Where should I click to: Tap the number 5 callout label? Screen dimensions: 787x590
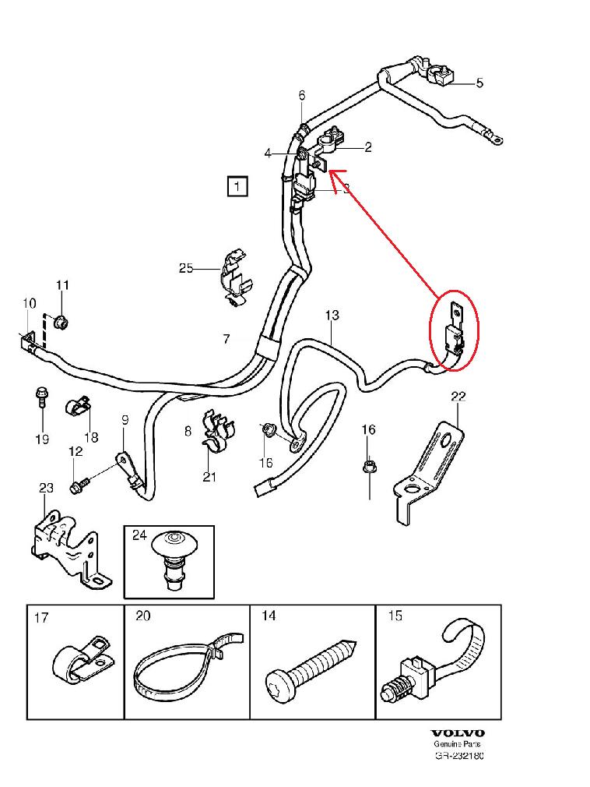(479, 83)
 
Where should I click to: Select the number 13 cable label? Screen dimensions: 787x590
(332, 316)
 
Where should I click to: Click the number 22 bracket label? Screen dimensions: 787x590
(458, 397)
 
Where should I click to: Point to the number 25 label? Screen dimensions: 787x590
(186, 269)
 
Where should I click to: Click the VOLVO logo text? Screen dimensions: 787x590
(458, 733)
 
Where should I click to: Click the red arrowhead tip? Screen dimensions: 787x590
(330, 172)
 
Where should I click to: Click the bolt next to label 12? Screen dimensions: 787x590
(78, 487)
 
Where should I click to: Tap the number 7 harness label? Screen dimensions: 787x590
(226, 339)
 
